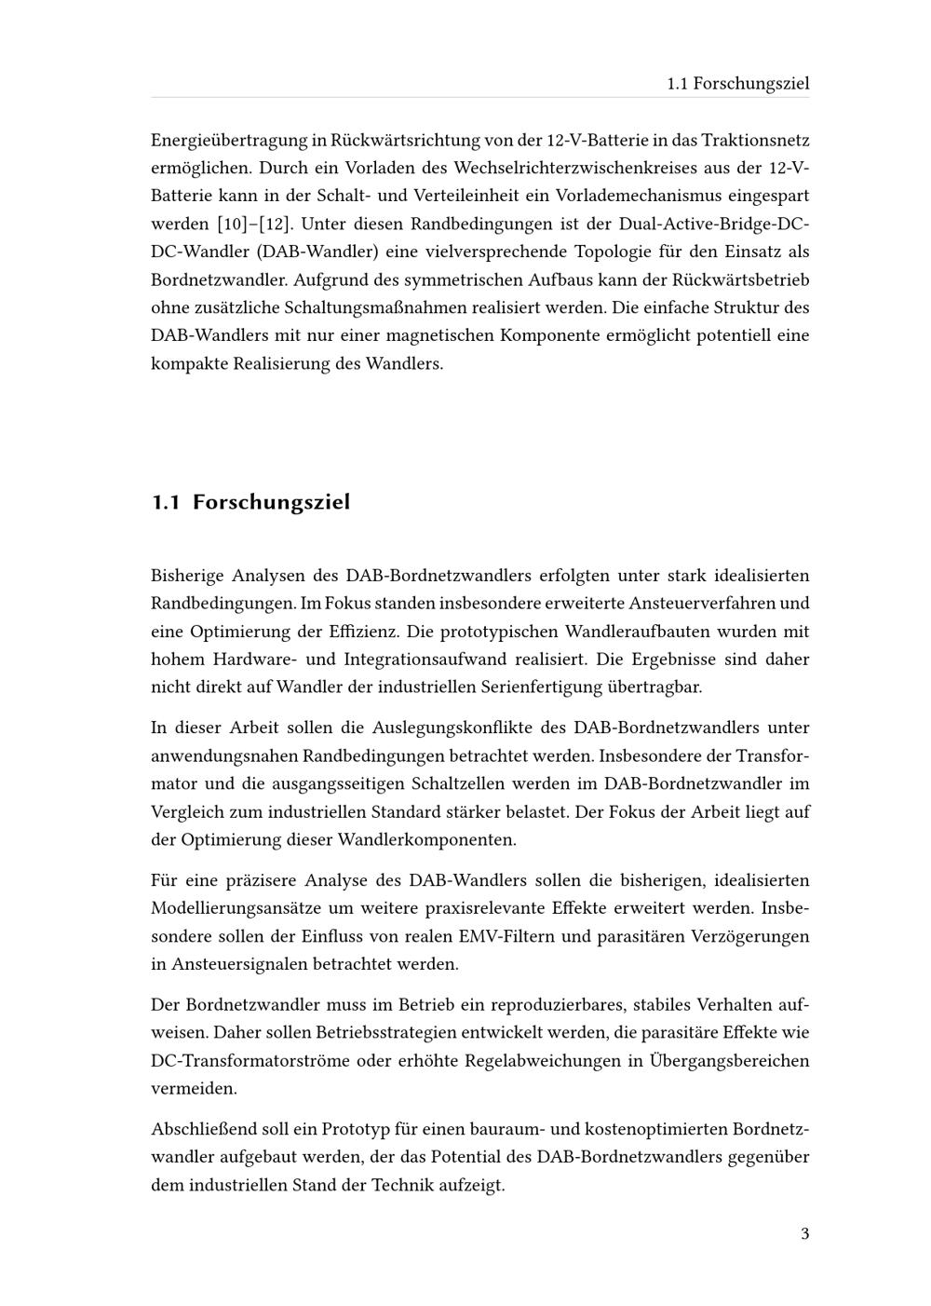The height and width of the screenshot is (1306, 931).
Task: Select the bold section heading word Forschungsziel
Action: tap(271, 503)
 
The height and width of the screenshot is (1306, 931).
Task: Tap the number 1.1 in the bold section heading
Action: tap(165, 503)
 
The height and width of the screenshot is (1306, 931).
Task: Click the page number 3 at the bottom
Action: tap(804, 1235)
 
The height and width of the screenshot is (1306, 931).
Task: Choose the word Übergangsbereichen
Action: tap(729, 1061)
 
